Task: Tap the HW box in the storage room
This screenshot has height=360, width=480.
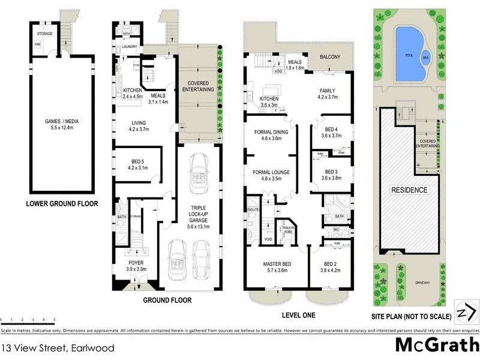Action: point(37,44)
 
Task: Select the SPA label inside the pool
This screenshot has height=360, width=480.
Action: point(427,58)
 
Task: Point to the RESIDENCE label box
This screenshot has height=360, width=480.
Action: point(410,190)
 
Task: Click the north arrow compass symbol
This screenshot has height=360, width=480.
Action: point(466,311)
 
